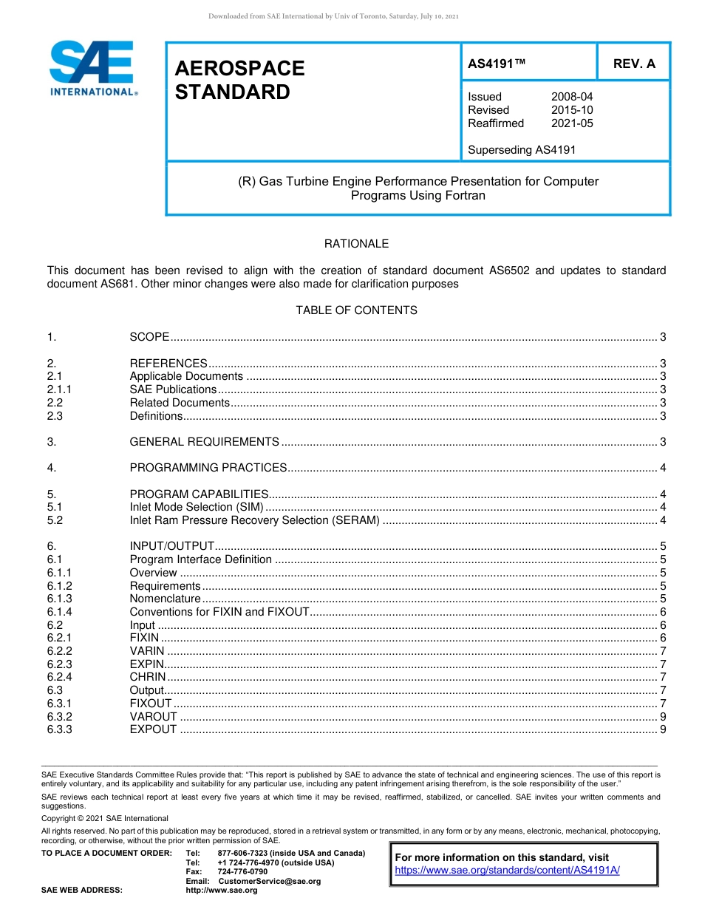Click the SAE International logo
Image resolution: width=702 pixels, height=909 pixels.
[x=92, y=69]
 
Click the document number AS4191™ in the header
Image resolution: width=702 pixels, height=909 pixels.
[x=497, y=64]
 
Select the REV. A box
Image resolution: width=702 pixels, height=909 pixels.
[x=634, y=64]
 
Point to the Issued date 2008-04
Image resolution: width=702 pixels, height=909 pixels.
[x=572, y=97]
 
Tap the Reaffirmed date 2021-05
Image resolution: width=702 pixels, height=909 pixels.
[x=572, y=123]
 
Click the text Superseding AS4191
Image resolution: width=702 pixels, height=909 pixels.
[x=522, y=150]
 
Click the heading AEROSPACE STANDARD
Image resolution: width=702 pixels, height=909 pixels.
[x=239, y=80]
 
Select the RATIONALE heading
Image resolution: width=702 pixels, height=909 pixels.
[x=356, y=244]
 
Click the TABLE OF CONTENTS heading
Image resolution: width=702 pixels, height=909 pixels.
[x=356, y=310]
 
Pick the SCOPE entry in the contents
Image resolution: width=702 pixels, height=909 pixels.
[x=149, y=337]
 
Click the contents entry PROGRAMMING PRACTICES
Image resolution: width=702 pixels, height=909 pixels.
[x=208, y=468]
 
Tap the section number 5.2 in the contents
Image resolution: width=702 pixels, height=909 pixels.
[x=55, y=520]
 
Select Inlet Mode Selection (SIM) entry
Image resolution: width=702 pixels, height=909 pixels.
[x=196, y=507]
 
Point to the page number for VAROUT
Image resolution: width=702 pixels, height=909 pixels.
[x=664, y=717]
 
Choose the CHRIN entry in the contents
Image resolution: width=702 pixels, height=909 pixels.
[x=148, y=678]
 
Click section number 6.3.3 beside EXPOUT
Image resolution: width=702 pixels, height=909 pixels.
[x=59, y=730]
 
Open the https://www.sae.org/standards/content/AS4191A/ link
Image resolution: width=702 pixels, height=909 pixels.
[x=507, y=871]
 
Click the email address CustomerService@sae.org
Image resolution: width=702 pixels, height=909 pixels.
[x=269, y=882]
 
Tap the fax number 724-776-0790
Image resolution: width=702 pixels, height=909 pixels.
[x=242, y=872]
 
